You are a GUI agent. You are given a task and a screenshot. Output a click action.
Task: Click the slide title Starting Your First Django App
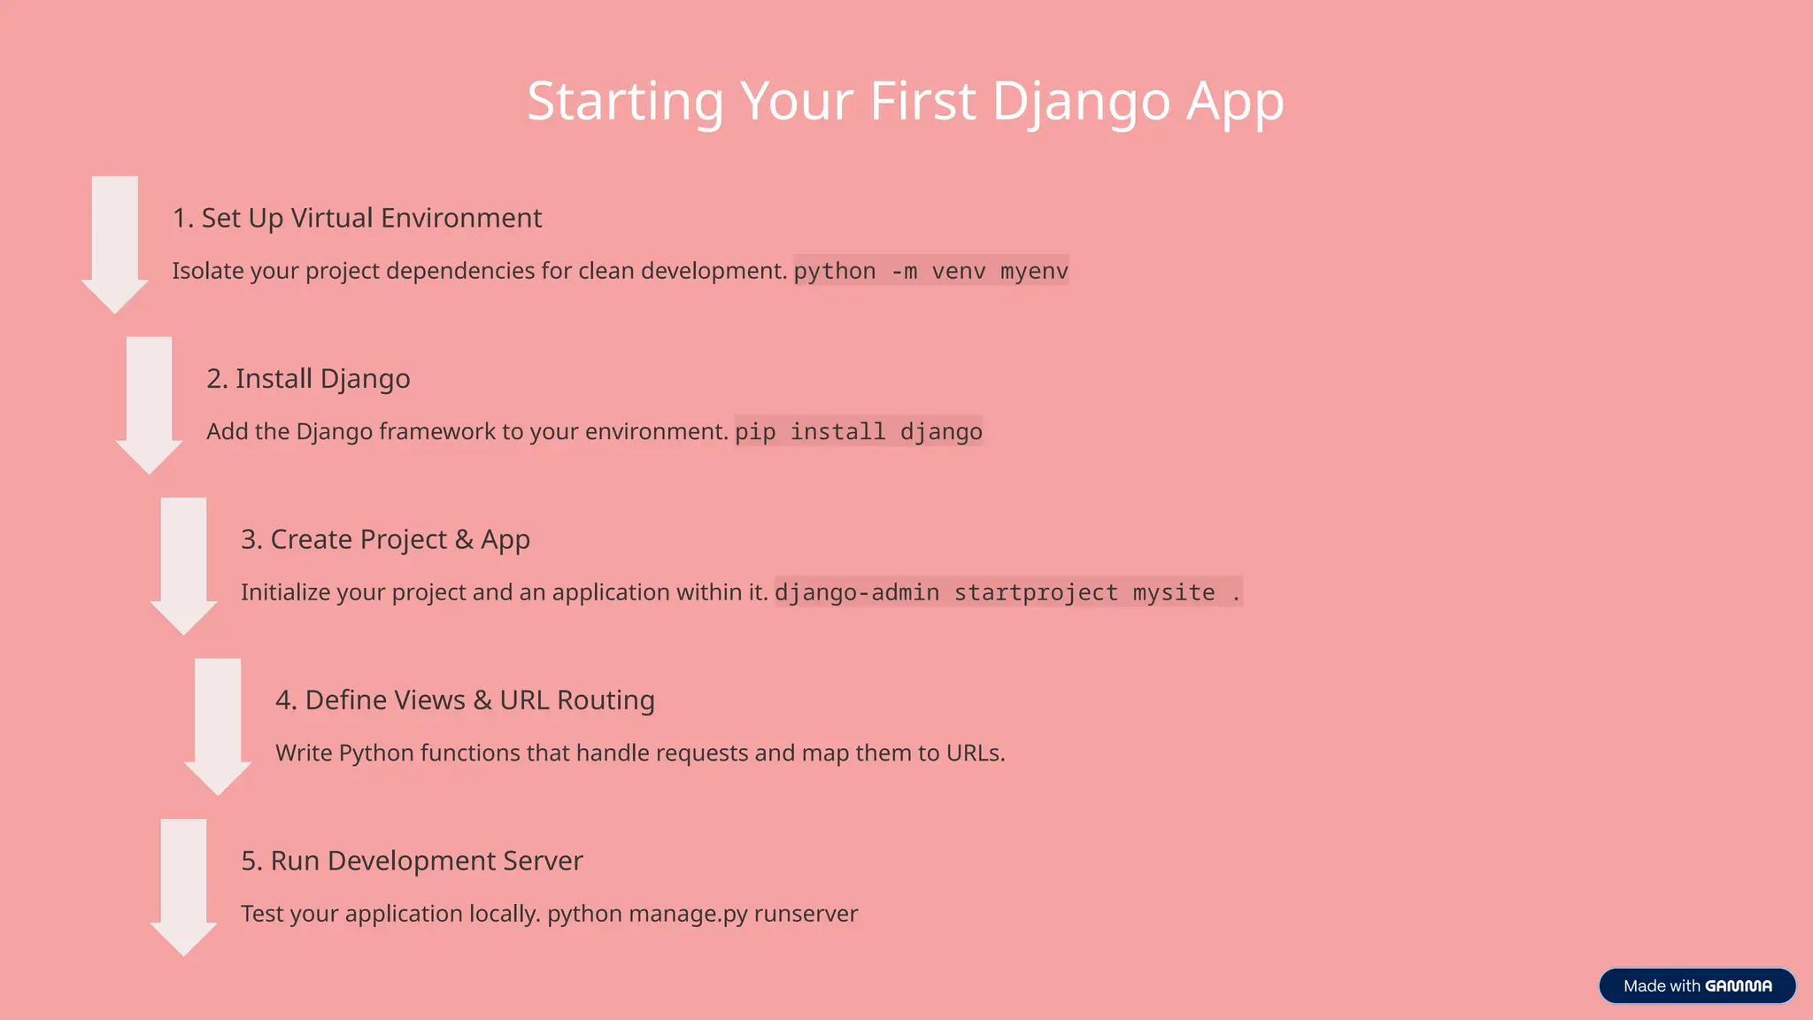point(905,101)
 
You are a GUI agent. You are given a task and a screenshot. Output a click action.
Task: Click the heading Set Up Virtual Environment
point(357,218)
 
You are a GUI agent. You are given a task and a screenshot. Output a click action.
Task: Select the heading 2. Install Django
point(308,379)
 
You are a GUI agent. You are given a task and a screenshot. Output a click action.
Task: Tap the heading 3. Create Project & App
point(385,539)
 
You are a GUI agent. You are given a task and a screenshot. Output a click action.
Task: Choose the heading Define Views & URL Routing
point(465,700)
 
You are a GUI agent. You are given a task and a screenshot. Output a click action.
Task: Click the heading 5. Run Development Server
point(412,861)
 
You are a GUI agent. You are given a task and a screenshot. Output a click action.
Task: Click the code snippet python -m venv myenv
point(930,271)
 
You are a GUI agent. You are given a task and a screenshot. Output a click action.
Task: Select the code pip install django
point(858,432)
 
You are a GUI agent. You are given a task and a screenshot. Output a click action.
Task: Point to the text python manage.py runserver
point(702,914)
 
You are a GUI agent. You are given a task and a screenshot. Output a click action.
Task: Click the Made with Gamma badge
point(1697,985)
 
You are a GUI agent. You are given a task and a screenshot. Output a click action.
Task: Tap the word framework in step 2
point(437,432)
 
